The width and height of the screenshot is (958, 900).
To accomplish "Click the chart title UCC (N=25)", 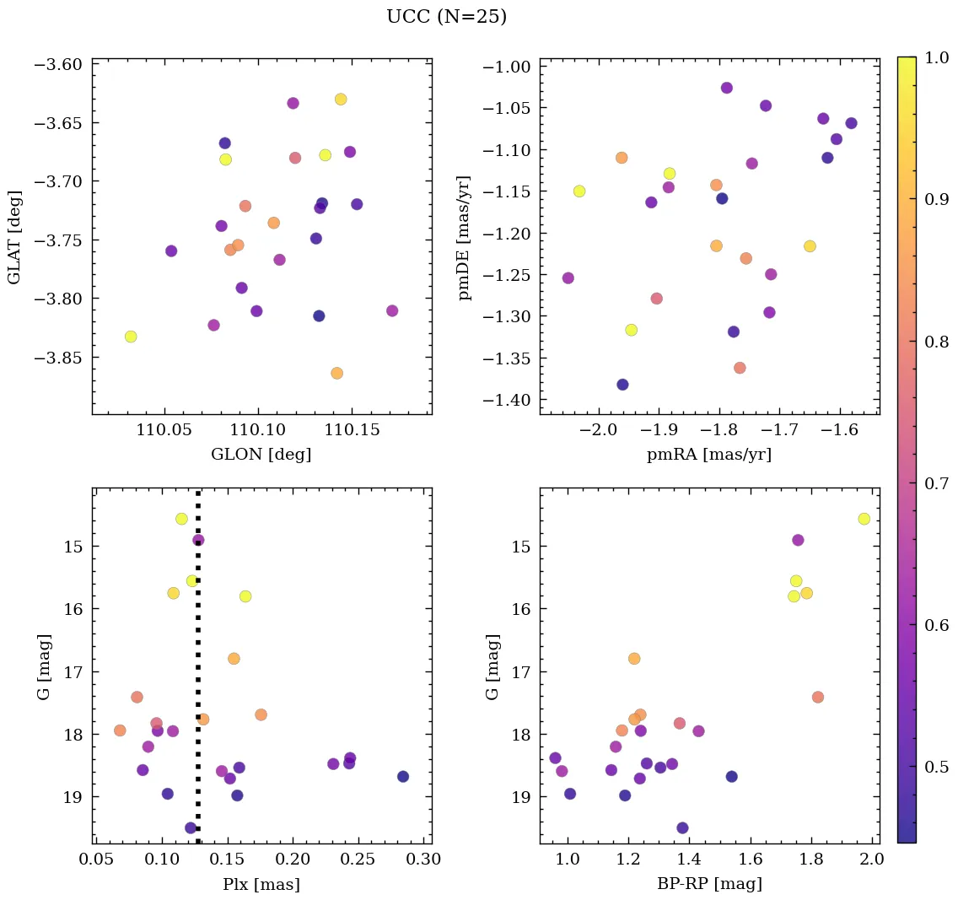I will [446, 17].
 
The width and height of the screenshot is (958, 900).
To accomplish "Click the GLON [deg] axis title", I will [261, 455].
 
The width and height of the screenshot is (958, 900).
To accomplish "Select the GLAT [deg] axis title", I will [14, 237].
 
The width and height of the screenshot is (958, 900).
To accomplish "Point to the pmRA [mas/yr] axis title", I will [708, 455].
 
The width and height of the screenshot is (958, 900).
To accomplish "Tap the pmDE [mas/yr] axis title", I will [464, 237].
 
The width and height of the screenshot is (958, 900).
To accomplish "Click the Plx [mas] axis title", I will [261, 884].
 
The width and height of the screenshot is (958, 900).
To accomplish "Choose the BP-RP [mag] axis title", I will [708, 884].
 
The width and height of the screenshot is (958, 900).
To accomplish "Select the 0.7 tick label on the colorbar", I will [937, 484].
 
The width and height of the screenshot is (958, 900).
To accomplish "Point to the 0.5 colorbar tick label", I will [937, 767].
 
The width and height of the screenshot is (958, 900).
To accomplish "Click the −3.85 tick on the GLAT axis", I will [61, 358].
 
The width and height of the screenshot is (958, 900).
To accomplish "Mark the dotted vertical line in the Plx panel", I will [198, 675].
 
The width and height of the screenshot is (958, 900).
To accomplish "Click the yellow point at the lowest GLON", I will [131, 337].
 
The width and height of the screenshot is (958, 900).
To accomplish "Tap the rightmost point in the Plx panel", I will [403, 776].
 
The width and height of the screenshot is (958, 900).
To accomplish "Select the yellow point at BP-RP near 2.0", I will [864, 519].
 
